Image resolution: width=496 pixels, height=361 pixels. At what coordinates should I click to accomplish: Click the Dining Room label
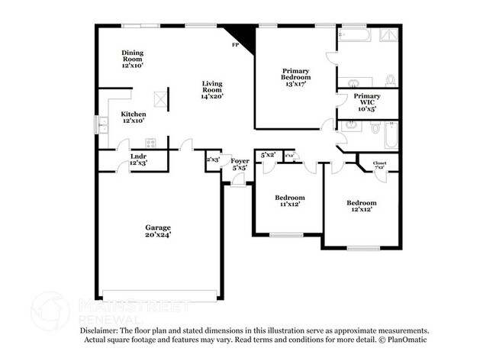[133, 59]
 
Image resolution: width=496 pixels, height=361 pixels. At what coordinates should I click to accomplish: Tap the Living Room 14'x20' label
[212, 89]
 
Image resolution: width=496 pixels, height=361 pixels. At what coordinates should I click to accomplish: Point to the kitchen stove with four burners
[150, 142]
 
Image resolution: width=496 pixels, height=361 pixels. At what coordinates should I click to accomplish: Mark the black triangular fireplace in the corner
[235, 34]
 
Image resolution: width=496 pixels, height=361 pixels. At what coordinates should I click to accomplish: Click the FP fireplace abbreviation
[236, 46]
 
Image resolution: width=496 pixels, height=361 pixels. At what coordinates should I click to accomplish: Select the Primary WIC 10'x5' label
[366, 102]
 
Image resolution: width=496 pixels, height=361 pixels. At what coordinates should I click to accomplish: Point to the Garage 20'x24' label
[158, 231]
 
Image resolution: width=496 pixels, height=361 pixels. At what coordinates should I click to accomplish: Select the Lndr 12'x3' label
[138, 159]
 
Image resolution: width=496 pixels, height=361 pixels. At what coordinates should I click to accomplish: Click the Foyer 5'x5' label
[240, 165]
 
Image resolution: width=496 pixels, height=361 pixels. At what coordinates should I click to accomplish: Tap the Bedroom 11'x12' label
[290, 201]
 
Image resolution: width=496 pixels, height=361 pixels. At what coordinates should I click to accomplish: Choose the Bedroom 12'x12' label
[361, 206]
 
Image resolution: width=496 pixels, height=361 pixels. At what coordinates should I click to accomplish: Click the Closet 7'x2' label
[379, 165]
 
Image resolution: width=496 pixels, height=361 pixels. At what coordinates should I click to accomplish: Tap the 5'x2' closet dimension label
[267, 155]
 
